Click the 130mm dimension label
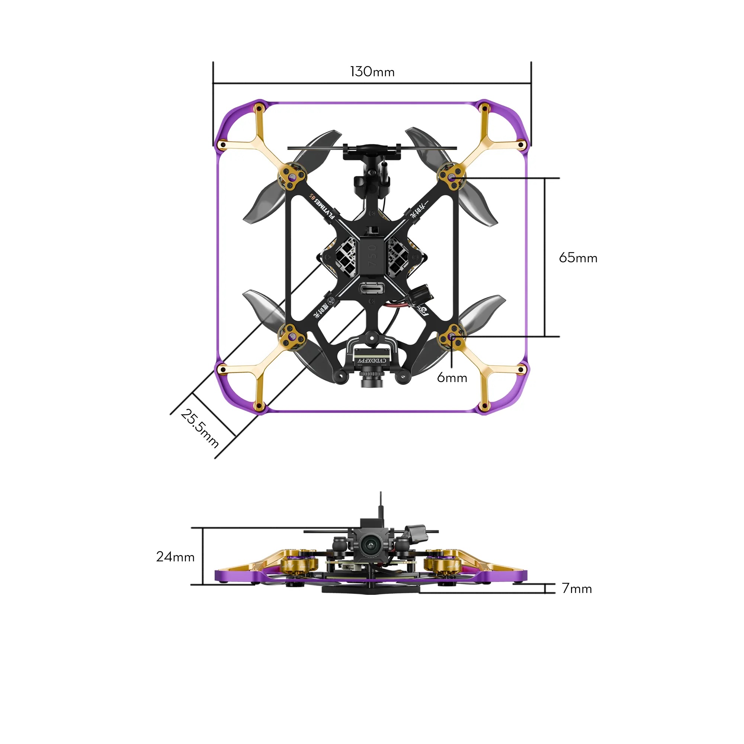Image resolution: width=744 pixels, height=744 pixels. click(372, 72)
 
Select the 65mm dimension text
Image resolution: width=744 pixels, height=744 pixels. click(578, 258)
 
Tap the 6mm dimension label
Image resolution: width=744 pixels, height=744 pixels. click(452, 378)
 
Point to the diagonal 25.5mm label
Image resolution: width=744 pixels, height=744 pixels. click(200, 428)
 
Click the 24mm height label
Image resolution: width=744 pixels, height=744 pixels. click(175, 557)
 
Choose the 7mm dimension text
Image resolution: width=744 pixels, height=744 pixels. click(577, 589)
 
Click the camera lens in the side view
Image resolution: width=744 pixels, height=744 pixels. click(370, 544)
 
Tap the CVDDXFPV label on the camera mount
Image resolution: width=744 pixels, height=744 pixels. click(372, 360)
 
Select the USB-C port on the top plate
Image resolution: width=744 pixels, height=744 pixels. click(372, 288)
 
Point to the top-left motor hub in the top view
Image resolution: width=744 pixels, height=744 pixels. click(293, 177)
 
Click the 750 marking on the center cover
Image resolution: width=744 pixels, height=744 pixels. click(372, 256)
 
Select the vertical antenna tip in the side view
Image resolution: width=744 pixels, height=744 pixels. click(381, 494)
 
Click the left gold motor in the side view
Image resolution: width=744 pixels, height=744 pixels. click(298, 565)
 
